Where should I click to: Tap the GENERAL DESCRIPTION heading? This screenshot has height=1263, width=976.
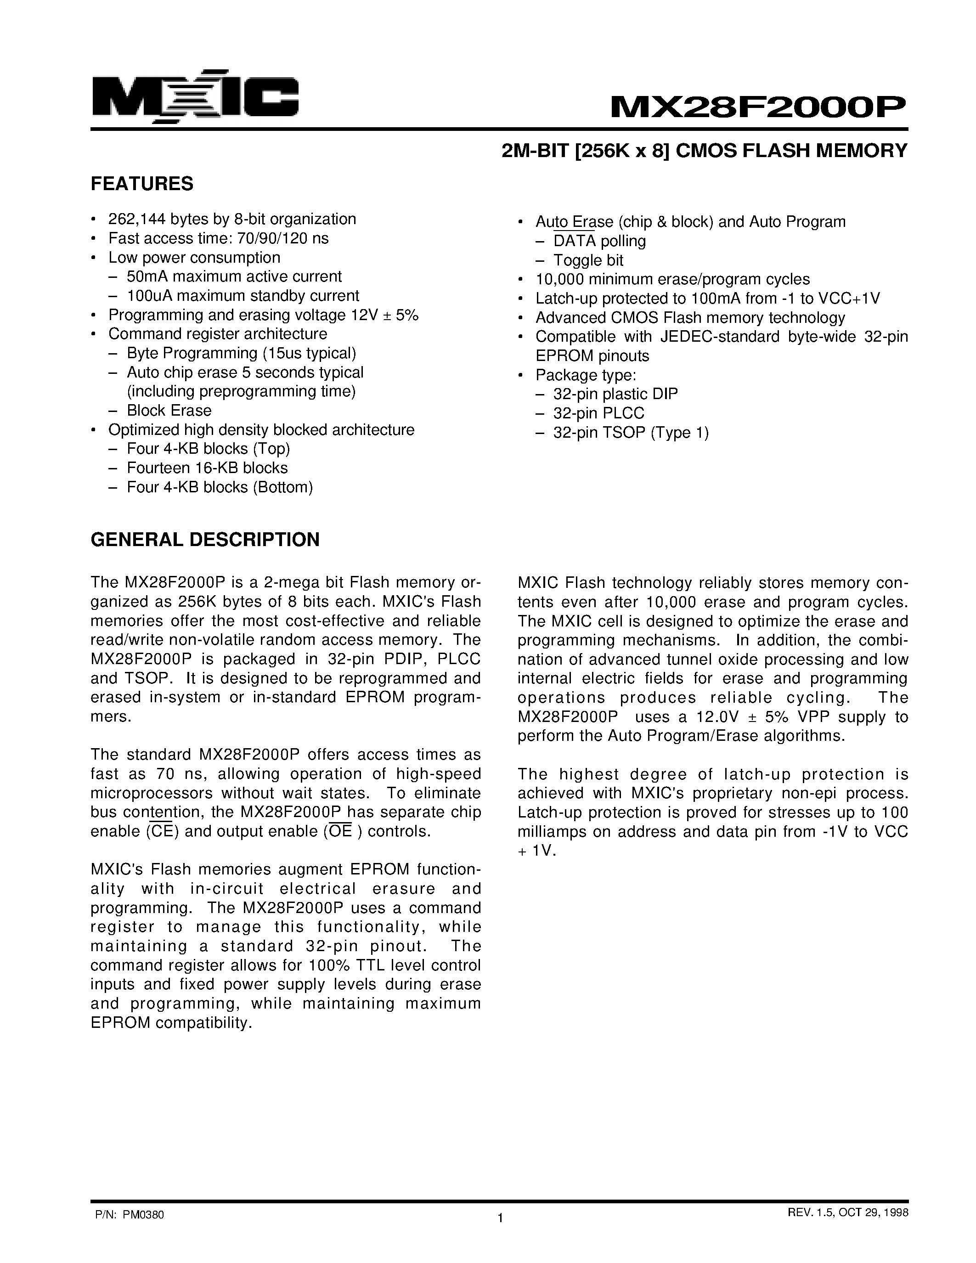pos(205,540)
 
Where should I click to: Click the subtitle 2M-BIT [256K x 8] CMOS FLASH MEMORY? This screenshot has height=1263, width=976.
pos(704,151)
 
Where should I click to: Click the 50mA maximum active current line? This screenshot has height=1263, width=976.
pos(234,276)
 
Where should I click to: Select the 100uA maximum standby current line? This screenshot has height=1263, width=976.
pos(243,295)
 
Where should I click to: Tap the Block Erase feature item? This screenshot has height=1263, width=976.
pos(169,411)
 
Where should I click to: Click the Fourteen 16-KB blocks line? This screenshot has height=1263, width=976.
pos(207,468)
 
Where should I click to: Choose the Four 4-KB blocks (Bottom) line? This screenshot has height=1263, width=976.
pos(220,487)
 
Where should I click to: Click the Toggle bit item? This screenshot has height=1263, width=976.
pos(588,260)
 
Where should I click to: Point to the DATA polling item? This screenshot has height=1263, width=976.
pos(599,241)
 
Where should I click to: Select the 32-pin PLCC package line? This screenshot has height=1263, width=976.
pos(598,413)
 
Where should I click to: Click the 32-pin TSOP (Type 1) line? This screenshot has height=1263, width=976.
pos(630,433)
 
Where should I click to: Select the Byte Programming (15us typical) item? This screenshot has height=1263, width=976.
pos(241,353)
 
